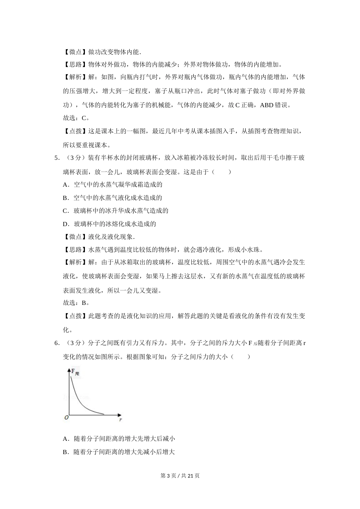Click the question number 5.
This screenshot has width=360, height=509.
click(56, 158)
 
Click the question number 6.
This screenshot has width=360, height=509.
click(56, 343)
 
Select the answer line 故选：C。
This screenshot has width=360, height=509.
click(76, 118)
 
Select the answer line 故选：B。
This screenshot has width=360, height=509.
click(76, 303)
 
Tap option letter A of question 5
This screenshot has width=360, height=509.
click(66, 185)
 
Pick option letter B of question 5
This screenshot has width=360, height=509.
click(66, 198)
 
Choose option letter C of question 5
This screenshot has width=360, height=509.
click(66, 211)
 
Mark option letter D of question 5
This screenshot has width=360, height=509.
click(66, 224)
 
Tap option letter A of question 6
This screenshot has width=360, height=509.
click(66, 439)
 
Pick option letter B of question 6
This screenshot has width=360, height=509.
click(66, 452)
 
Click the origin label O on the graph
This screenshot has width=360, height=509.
click(66, 417)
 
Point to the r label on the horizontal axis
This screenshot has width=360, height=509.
click(120, 419)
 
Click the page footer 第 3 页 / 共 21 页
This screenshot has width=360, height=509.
click(180, 476)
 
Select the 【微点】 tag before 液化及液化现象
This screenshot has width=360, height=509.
click(75, 237)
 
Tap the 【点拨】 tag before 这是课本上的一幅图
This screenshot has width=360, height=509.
click(75, 131)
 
